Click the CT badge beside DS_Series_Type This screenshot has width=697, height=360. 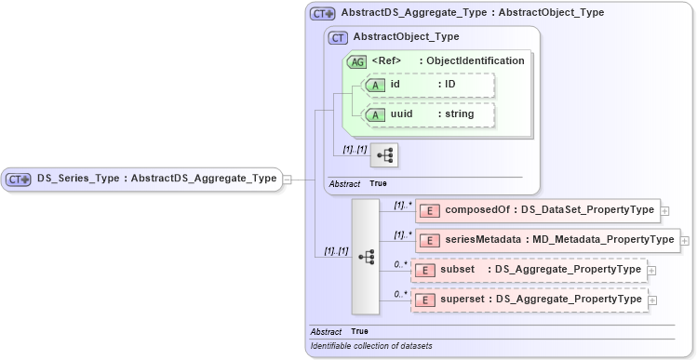coord(19,179)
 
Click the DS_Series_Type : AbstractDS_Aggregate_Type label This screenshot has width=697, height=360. coord(157,179)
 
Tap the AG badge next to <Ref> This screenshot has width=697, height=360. coord(356,61)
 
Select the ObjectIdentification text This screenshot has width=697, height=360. coord(475,61)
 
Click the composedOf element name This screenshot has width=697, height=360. coord(479,210)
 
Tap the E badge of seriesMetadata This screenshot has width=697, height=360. coord(430,240)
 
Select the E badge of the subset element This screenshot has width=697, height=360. coord(424,270)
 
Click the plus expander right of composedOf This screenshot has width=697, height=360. coord(664,210)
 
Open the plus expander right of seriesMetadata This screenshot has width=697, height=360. coord(686,240)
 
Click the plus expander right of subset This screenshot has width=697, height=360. coord(651,270)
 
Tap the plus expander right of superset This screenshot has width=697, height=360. coord(651,300)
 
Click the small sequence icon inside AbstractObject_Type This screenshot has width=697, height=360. coord(383,154)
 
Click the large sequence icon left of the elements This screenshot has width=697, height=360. coord(366,256)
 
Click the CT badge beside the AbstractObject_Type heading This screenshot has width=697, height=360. coord(338,38)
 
